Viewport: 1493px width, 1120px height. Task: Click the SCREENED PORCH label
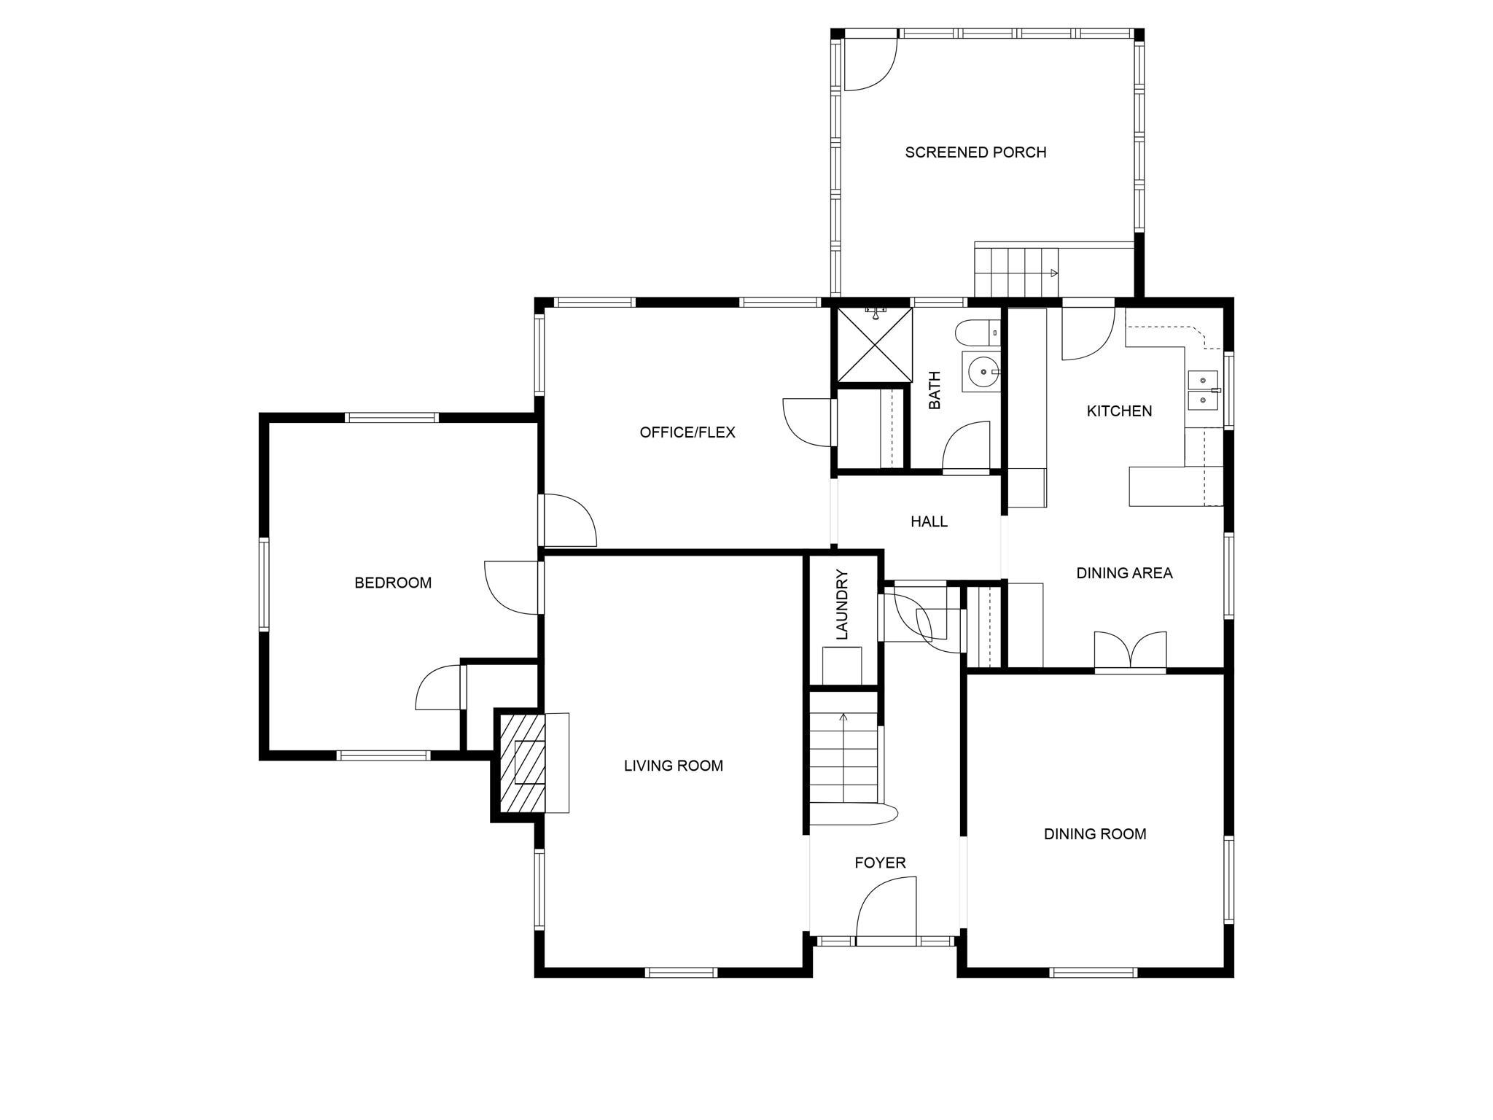pos(975,152)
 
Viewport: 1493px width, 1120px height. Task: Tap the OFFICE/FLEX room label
pos(687,432)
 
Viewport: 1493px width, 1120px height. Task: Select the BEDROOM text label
pos(393,583)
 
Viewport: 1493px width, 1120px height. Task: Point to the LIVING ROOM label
pos(674,766)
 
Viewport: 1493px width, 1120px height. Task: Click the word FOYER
pos(880,863)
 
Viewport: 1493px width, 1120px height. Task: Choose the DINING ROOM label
pos(1095,834)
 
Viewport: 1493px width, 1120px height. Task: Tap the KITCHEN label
pos(1119,411)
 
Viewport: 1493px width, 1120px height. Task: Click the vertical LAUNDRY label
pos(843,605)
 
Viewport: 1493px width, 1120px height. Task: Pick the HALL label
pos(929,521)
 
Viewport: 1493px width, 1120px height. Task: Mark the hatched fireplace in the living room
pos(523,763)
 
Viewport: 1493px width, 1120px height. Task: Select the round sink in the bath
pos(981,372)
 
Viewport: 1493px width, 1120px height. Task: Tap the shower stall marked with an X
pos(875,345)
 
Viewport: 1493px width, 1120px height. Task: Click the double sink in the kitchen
pos(1203,390)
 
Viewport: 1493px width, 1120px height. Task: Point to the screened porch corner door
pos(870,64)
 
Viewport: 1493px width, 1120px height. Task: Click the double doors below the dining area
pos(1130,650)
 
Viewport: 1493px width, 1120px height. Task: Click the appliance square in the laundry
pos(842,666)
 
